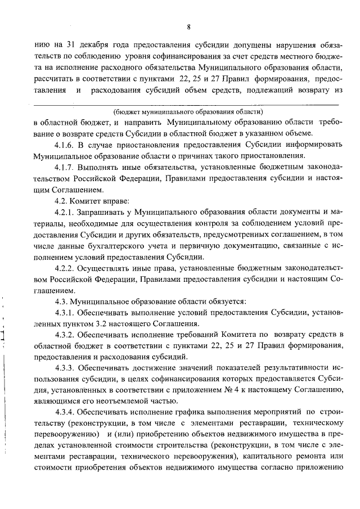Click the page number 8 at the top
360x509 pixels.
190,26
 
